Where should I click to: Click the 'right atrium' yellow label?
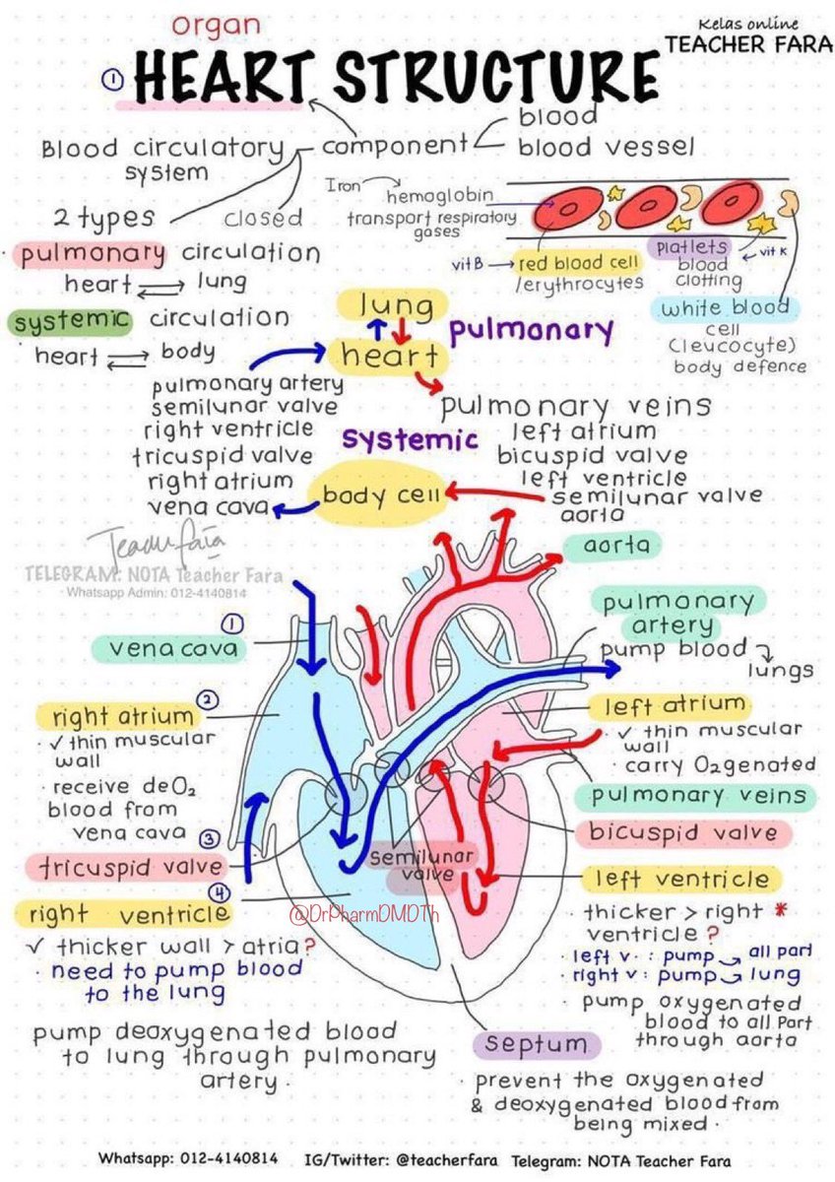[123, 715]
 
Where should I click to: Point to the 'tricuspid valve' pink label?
[125, 867]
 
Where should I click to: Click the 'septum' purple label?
[536, 1043]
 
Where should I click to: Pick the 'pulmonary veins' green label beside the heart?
[698, 795]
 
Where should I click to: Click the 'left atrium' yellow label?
[674, 705]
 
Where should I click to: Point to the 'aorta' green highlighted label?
[610, 544]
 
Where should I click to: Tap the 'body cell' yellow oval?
[374, 495]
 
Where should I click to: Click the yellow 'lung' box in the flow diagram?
[396, 305]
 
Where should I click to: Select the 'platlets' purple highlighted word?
[689, 246]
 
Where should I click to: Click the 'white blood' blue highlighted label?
[725, 308]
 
